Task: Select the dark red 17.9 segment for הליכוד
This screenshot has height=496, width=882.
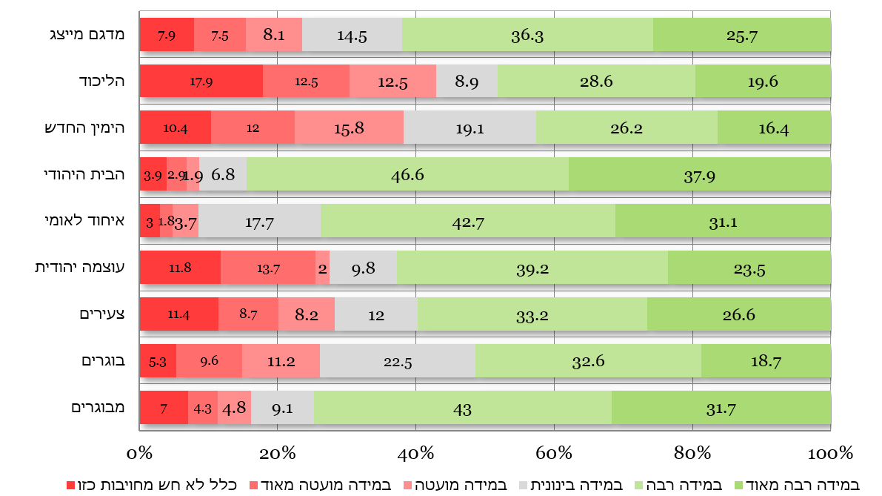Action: point(201,82)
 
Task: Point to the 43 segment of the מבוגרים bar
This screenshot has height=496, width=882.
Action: point(463,408)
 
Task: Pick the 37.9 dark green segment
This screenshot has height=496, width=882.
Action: point(699,175)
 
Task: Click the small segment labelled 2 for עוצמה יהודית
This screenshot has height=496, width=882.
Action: point(322,268)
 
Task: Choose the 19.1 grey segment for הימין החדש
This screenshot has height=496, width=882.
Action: point(470,128)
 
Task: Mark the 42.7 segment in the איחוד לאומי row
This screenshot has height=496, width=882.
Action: point(468,222)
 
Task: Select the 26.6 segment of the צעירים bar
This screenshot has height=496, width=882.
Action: point(738,314)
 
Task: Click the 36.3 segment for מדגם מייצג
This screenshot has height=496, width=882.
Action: point(527,35)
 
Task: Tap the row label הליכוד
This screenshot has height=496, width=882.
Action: point(101,82)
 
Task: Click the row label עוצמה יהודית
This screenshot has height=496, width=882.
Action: point(78,268)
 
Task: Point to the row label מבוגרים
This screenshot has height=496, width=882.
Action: point(96,408)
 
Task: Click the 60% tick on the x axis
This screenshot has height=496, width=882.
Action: point(554,453)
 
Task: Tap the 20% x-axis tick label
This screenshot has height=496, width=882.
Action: point(277,453)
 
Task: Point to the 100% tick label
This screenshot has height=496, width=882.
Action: point(829,453)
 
